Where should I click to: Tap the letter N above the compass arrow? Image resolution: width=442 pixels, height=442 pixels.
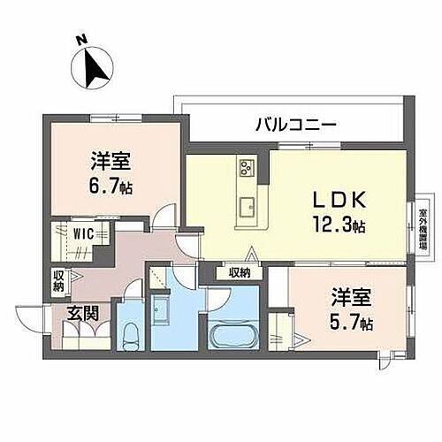point(80,39)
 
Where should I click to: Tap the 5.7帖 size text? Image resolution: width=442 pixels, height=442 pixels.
point(347,324)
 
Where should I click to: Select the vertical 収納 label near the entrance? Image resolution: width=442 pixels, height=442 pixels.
point(58,281)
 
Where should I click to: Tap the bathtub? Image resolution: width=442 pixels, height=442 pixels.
point(234,335)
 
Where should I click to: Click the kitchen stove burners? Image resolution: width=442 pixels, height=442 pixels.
point(246,165)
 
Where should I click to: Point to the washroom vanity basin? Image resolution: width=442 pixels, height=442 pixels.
point(164,310)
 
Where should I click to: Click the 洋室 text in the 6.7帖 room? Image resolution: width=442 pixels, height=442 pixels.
point(110,161)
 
